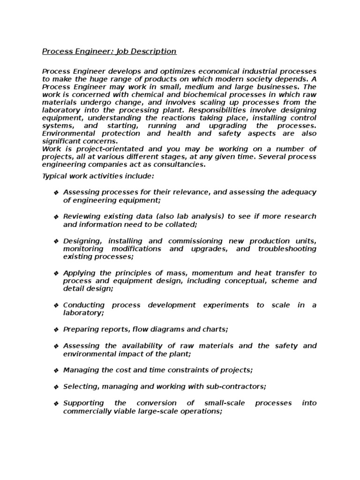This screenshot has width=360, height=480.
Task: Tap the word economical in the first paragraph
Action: (206, 70)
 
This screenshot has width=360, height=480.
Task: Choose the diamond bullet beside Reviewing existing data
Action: (56, 217)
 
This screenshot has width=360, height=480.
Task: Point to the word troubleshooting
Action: (287, 248)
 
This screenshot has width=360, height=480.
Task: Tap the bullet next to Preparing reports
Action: (56, 330)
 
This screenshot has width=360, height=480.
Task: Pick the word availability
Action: (132, 345)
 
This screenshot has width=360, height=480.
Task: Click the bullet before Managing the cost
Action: (56, 370)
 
